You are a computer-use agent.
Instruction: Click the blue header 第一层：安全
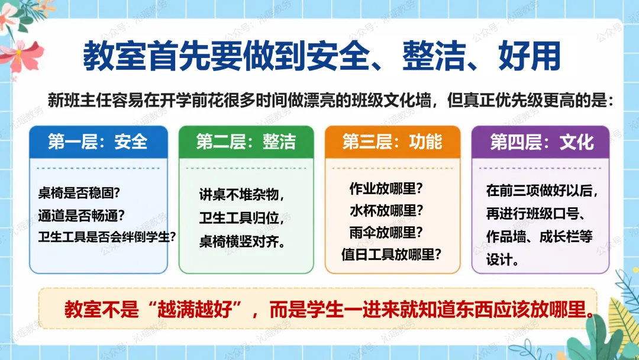(x=98, y=142)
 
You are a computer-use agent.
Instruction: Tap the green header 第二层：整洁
(x=246, y=142)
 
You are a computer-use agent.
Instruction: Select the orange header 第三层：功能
(x=392, y=142)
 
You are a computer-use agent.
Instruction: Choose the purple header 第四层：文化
(x=541, y=142)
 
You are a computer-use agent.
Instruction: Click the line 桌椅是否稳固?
(x=79, y=192)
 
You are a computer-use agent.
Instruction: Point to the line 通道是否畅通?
(x=81, y=215)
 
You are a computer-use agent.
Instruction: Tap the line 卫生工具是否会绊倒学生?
(x=106, y=236)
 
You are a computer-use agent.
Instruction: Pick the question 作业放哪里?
(x=386, y=188)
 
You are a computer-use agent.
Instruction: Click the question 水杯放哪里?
(x=386, y=210)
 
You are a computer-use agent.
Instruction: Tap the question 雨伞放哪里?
(x=386, y=232)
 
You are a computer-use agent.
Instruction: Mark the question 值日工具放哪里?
(x=391, y=255)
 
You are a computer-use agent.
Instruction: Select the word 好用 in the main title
(x=529, y=56)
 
